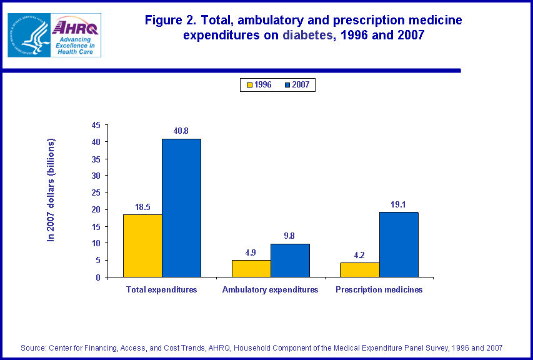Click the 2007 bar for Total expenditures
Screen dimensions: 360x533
pyautogui.click(x=181, y=207)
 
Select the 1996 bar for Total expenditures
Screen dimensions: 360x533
pyautogui.click(x=142, y=246)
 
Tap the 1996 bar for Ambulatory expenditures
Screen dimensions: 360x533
pyautogui.click(x=251, y=269)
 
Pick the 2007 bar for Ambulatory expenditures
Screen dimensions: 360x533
pyautogui.click(x=290, y=260)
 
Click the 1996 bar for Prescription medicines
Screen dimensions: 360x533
pyautogui.click(x=360, y=270)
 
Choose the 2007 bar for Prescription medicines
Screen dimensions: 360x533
pyautogui.click(x=399, y=244)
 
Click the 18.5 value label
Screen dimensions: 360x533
pyautogui.click(x=142, y=207)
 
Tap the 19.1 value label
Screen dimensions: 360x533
pyautogui.click(x=399, y=204)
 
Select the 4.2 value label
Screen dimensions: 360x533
pyautogui.click(x=360, y=255)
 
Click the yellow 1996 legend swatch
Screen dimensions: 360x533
pyautogui.click(x=248, y=84)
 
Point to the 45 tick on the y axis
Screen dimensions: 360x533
pyautogui.click(x=96, y=125)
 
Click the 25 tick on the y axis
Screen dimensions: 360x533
pyautogui.click(x=96, y=192)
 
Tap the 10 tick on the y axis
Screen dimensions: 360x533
pyautogui.click(x=96, y=243)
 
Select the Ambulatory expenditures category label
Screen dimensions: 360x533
pyautogui.click(x=271, y=290)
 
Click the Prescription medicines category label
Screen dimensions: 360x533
pyautogui.click(x=379, y=290)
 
